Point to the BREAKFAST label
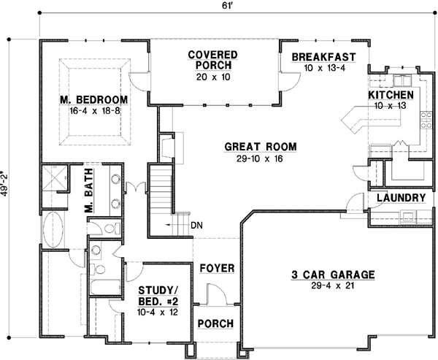[x=323, y=57]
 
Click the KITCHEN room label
[x=391, y=96]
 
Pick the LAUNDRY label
[x=401, y=198]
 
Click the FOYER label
[x=217, y=268]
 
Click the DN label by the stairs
[x=196, y=225]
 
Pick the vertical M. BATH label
[x=90, y=198]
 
